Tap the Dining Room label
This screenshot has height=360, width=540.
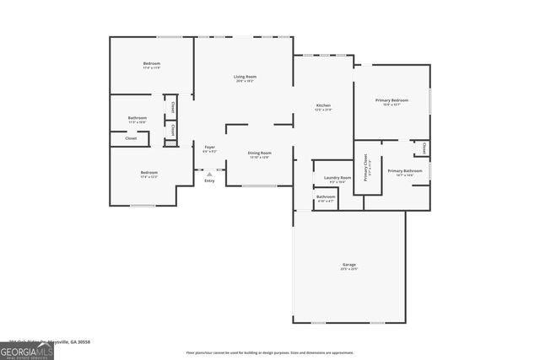click(259, 153)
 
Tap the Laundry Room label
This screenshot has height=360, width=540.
click(337, 178)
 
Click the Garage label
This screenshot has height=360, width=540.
click(348, 266)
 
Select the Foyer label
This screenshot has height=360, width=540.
click(210, 148)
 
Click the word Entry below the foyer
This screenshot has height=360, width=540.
click(209, 180)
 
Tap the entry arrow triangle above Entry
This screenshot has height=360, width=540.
click(209, 174)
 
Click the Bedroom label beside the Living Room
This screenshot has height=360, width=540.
click(152, 64)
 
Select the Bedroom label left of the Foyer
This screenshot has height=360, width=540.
click(149, 173)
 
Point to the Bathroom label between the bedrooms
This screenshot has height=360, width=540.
click(138, 118)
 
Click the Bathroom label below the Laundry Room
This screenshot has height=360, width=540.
click(326, 197)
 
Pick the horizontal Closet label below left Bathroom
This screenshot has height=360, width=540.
click(131, 137)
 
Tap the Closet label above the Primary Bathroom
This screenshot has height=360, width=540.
click(424, 148)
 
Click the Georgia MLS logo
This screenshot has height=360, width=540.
click(27, 350)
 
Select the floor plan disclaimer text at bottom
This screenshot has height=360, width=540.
click(270, 352)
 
